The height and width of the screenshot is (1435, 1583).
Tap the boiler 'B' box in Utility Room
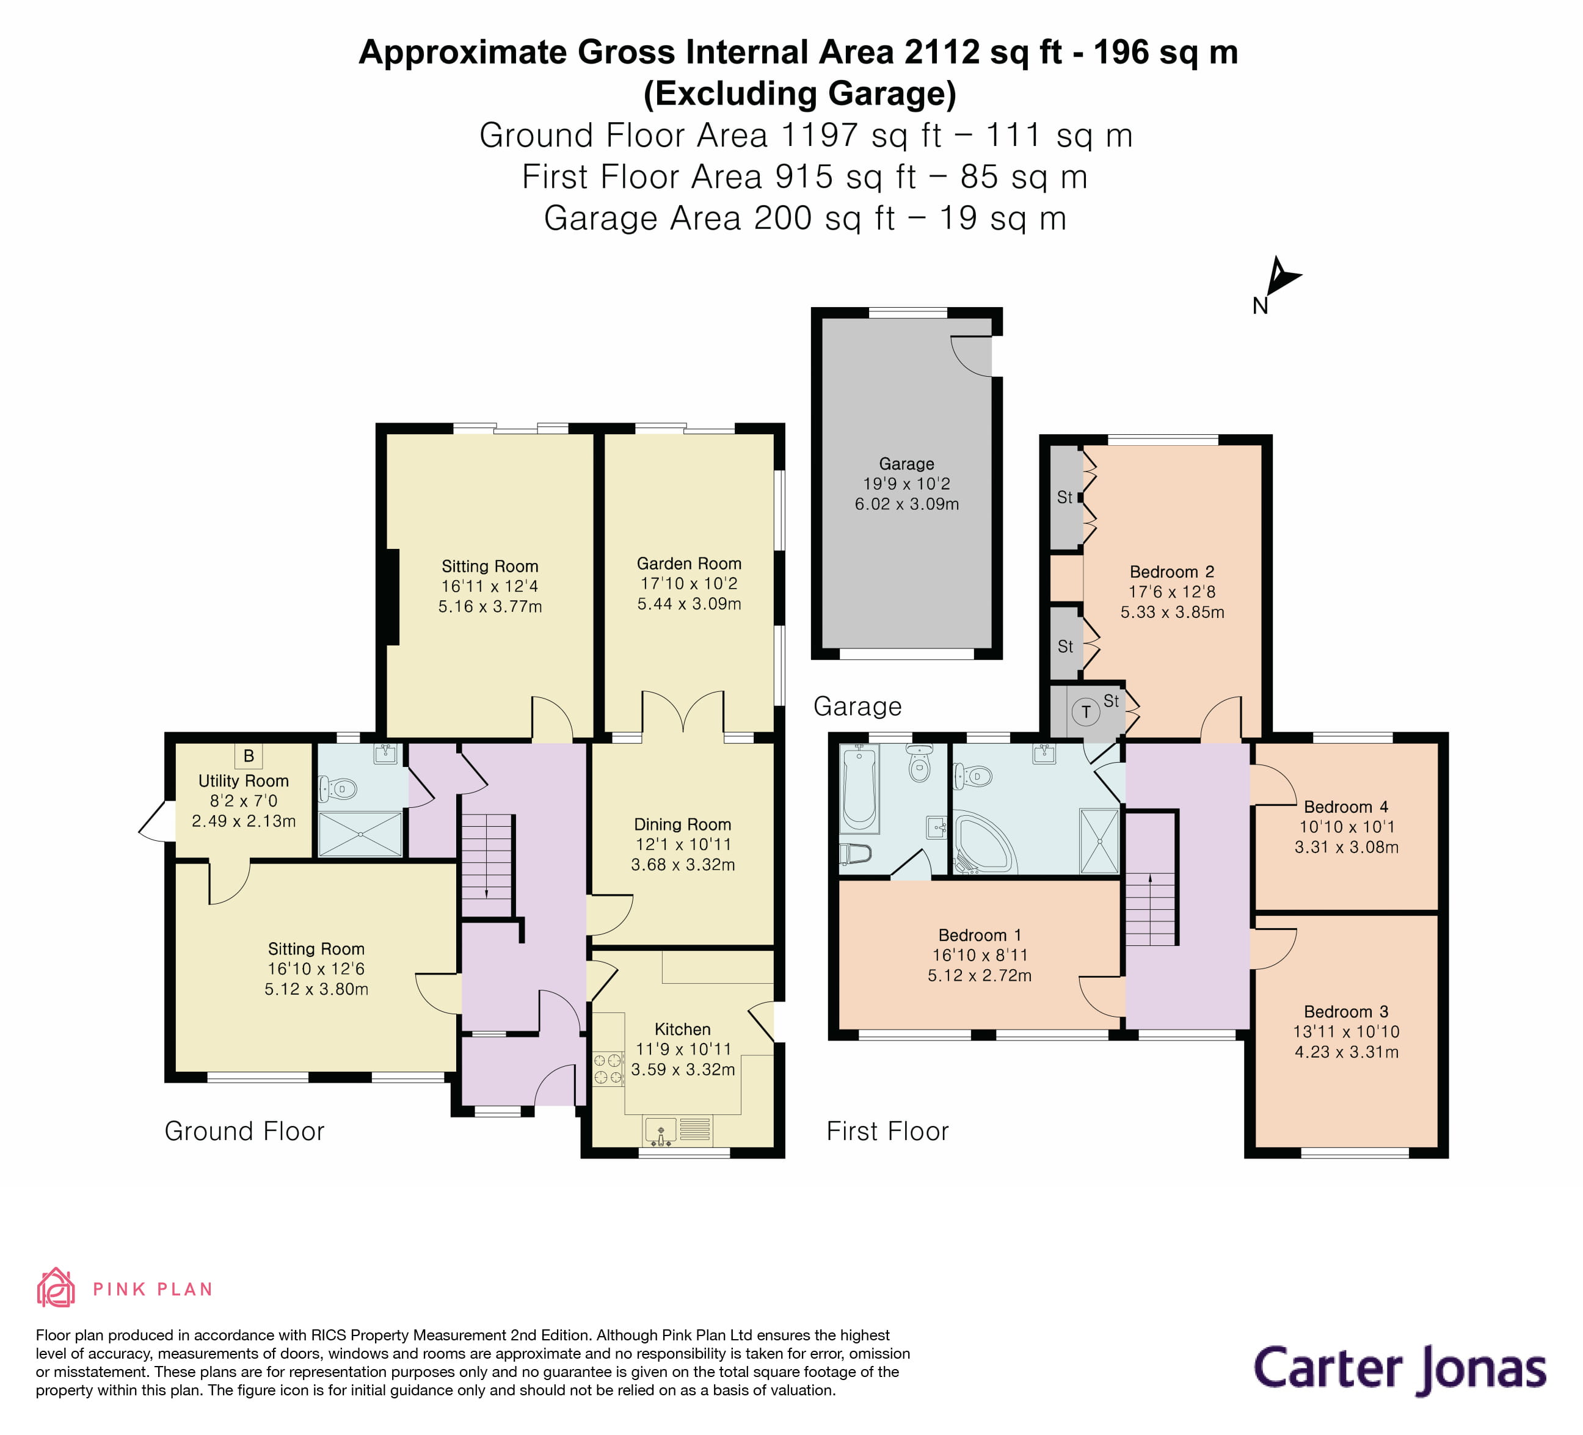tap(248, 756)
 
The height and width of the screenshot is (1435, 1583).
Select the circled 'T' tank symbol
tap(1086, 712)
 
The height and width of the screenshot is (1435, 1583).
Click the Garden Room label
tap(689, 564)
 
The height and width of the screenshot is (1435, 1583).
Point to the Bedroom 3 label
tap(1346, 1011)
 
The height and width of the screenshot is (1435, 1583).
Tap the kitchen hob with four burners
tap(608, 1069)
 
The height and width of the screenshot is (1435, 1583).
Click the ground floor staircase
tap(487, 863)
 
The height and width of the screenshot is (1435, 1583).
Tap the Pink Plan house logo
tap(56, 1288)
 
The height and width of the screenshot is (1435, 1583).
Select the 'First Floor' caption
tap(887, 1131)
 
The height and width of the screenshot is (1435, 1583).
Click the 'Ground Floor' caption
tap(244, 1131)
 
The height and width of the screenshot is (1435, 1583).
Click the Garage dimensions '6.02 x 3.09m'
tap(906, 504)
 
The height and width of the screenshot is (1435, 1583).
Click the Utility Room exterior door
tap(156, 820)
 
